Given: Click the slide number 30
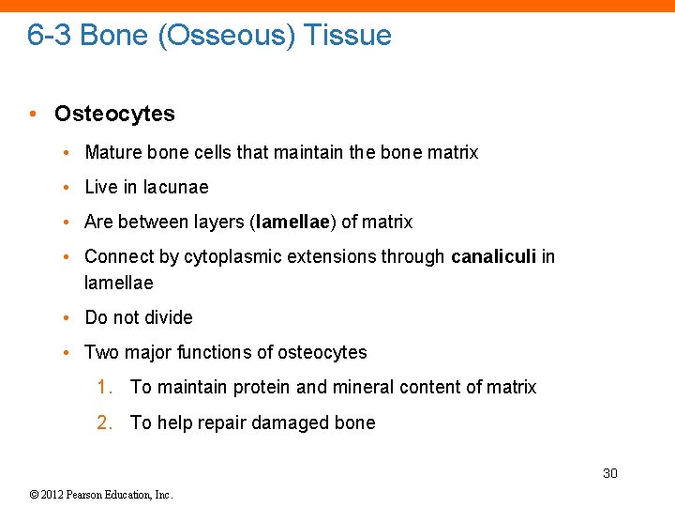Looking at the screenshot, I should (609, 473).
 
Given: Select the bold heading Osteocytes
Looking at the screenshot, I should (114, 114).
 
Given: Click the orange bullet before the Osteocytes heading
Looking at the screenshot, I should (34, 115).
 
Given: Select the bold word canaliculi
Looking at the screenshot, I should (493, 256).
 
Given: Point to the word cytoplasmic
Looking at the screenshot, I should (232, 257).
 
